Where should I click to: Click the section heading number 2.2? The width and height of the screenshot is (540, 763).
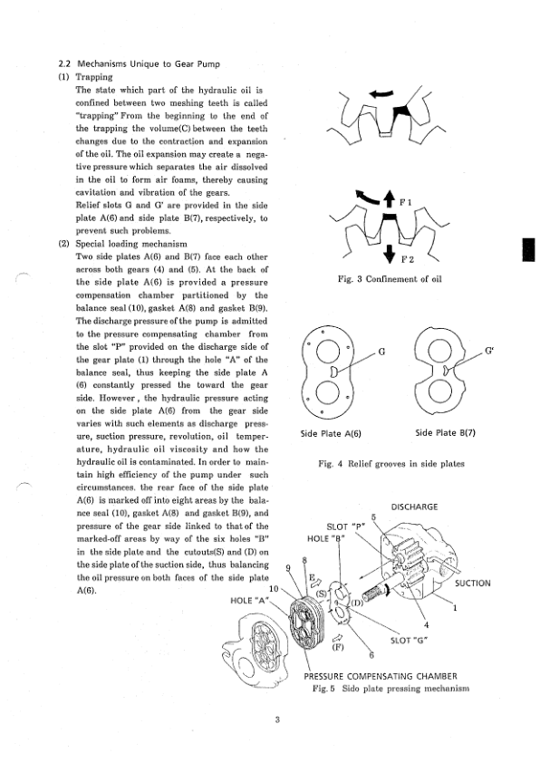64,63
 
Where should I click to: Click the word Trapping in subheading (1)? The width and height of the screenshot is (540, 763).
94,77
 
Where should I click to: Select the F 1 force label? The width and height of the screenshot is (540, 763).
406,202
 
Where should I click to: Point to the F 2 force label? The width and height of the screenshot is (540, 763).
408,259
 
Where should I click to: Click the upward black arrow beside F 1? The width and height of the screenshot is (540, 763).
389,198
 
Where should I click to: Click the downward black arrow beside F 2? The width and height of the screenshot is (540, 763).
389,253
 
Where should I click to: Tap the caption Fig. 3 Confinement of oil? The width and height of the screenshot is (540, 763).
390,279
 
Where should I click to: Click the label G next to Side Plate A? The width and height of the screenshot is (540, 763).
381,352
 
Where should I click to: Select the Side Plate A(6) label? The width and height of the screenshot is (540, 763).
331,433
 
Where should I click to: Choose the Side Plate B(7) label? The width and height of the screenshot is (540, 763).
445,432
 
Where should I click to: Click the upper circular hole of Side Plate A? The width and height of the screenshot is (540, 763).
328,351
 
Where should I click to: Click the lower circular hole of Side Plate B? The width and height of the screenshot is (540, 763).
442,391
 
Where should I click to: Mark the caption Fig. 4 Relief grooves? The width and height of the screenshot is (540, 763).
391,464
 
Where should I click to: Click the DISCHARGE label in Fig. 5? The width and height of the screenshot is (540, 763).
414,507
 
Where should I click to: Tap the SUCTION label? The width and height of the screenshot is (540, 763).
472,583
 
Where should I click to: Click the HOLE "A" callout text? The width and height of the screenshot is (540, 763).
249,601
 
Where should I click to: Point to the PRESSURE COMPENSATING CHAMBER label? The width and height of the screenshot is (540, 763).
381,676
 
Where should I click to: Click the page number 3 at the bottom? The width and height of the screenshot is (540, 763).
277,720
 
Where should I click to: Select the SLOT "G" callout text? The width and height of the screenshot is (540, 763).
409,641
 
